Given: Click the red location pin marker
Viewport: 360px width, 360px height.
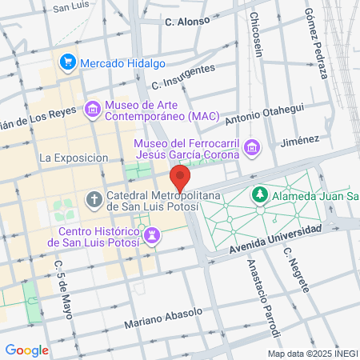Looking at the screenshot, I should pos(180,178).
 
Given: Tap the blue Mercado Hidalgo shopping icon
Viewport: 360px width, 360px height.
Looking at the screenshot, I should pos(67,62).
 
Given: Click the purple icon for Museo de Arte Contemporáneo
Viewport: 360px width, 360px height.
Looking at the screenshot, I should pos(92,108).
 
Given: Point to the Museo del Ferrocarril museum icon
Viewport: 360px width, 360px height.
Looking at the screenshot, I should pos(253,147).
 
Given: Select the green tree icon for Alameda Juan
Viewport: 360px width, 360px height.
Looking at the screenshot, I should pos(260,194).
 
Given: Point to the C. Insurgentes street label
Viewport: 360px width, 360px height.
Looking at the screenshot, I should pos(183,77).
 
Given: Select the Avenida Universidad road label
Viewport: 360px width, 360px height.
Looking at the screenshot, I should pos(274,238).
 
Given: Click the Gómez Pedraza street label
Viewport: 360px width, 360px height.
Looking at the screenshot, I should pos(317,44).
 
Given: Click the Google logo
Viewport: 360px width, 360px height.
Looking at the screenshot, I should pos(26,350).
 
